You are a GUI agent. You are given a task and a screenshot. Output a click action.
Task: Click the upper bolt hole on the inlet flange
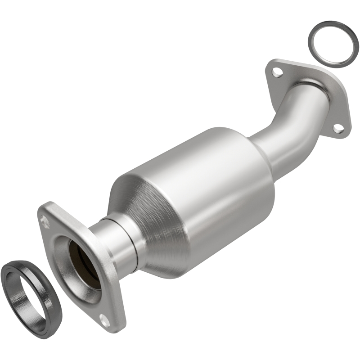pos(44,220)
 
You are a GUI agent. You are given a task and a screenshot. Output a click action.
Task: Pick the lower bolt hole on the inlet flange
pos(104,321)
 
